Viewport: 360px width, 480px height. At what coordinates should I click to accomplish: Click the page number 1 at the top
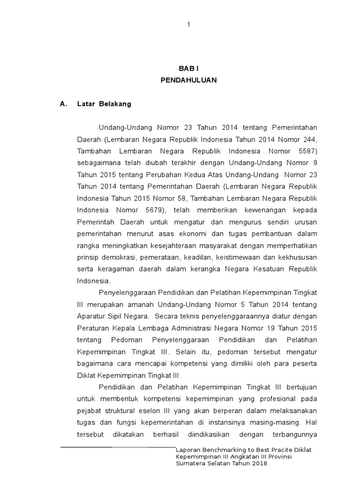pos(188,25)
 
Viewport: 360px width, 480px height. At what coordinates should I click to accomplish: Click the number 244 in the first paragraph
pos(309,139)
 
